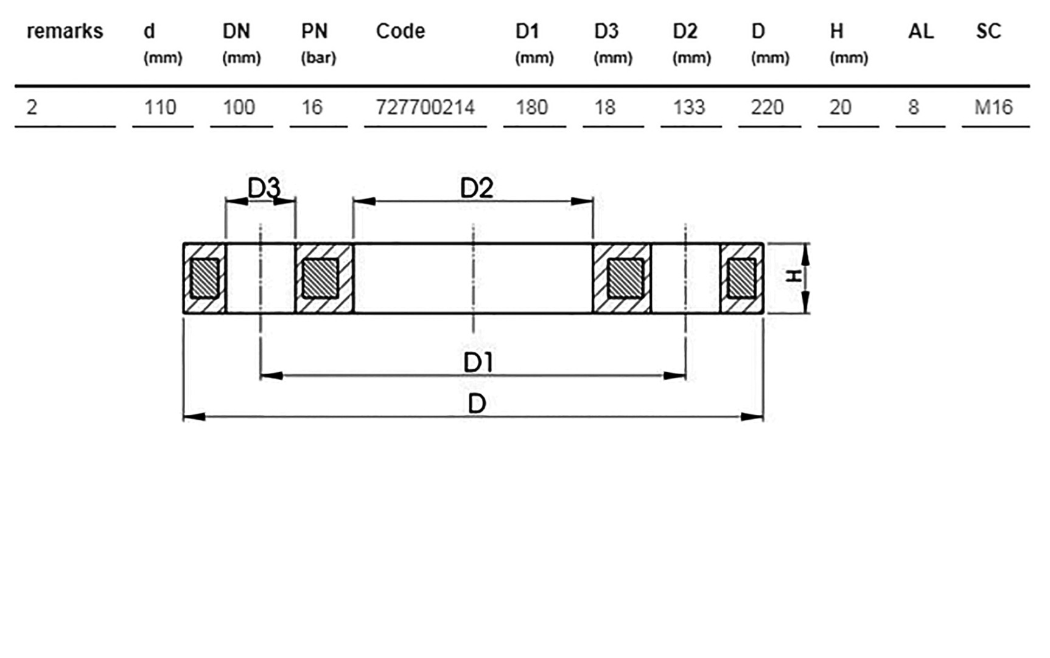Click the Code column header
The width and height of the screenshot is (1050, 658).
click(400, 31)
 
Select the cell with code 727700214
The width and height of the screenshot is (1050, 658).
click(425, 107)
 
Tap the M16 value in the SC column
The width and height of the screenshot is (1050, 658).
click(993, 107)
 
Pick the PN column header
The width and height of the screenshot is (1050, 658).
click(314, 31)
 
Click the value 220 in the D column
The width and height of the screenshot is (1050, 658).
click(767, 107)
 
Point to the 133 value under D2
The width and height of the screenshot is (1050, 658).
click(689, 107)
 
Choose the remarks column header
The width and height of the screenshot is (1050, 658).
click(65, 31)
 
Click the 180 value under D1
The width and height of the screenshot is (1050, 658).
click(531, 107)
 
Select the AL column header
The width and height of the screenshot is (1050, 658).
click(920, 31)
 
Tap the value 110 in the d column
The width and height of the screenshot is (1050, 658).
click(160, 107)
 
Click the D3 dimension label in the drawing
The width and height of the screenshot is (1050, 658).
click(264, 188)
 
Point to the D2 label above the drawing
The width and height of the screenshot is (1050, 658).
click(477, 188)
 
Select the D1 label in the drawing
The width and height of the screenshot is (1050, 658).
click(478, 363)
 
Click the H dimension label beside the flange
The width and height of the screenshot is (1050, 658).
click(793, 277)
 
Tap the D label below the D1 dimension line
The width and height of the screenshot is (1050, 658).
click(477, 403)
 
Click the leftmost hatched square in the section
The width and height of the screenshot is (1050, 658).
click(205, 278)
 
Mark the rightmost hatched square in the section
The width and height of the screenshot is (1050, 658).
click(742, 278)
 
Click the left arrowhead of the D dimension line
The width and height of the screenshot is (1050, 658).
click(194, 417)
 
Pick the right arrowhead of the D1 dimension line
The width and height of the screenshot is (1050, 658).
click(674, 376)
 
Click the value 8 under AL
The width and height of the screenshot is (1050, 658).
click(913, 107)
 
